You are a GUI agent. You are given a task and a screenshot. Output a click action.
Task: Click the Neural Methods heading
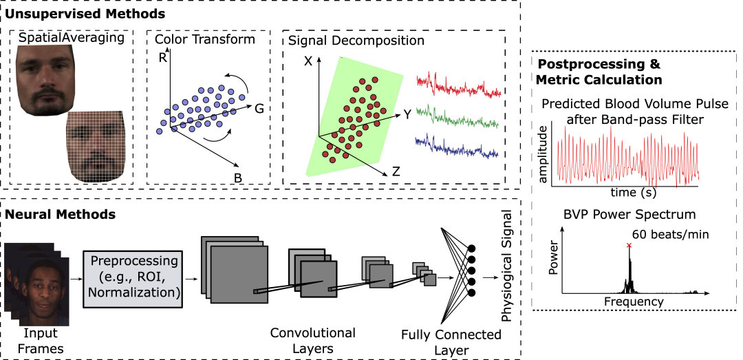click(60, 213)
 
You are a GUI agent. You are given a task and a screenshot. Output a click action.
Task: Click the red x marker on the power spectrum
click(628, 246)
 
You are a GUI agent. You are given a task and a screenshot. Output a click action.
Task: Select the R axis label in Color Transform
click(162, 58)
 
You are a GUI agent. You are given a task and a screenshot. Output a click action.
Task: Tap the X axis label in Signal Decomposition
click(308, 61)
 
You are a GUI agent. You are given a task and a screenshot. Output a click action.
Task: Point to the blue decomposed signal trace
click(457, 145)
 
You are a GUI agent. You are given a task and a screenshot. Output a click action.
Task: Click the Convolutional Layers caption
click(314, 341)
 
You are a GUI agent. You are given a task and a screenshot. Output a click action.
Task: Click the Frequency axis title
click(633, 301)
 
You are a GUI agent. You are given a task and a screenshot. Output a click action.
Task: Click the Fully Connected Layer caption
click(451, 342)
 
